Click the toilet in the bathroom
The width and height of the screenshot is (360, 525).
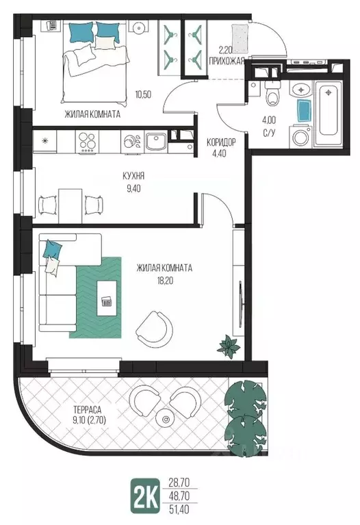point(272,94)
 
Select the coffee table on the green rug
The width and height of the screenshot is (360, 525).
point(107,298)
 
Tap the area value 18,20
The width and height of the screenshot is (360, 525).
point(164,280)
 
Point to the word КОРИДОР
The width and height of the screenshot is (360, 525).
point(220,142)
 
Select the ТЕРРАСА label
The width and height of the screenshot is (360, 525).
point(87,409)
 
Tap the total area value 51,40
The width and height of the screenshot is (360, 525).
point(179,509)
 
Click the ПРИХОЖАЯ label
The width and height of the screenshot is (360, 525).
point(226,61)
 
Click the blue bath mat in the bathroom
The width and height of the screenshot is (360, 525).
point(303,109)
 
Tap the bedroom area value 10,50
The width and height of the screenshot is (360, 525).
point(143,94)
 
